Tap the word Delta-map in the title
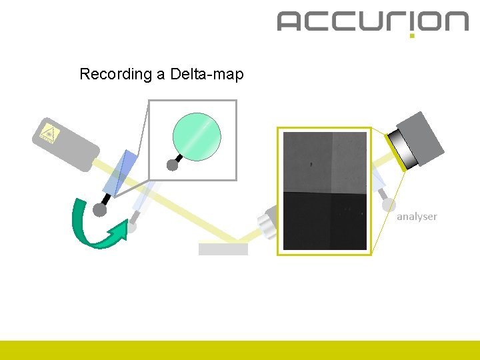click(207, 74)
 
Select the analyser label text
click(417, 217)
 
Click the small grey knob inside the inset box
click(173, 165)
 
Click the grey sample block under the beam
click(223, 249)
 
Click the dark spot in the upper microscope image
click(311, 163)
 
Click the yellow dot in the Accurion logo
click(412, 35)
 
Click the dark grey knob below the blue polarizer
click(100, 210)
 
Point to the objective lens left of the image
click(267, 222)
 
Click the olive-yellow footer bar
click(240, 350)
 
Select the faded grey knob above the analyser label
click(389, 205)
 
